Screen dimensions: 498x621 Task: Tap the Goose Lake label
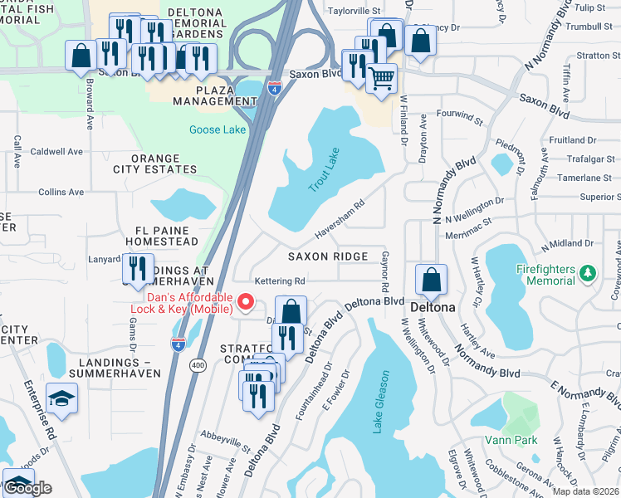tap(218, 129)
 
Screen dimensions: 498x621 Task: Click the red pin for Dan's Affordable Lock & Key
tap(244, 302)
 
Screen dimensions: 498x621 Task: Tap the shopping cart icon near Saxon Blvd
tap(381, 80)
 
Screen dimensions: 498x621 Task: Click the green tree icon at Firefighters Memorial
tap(589, 272)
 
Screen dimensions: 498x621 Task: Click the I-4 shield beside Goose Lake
tap(272, 88)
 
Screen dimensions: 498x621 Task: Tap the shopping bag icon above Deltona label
tap(431, 281)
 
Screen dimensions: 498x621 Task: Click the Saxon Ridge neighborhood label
tap(327, 256)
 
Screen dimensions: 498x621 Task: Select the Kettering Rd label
tap(280, 281)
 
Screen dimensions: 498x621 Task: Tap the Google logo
tap(28, 488)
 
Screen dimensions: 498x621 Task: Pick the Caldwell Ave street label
tap(56, 152)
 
